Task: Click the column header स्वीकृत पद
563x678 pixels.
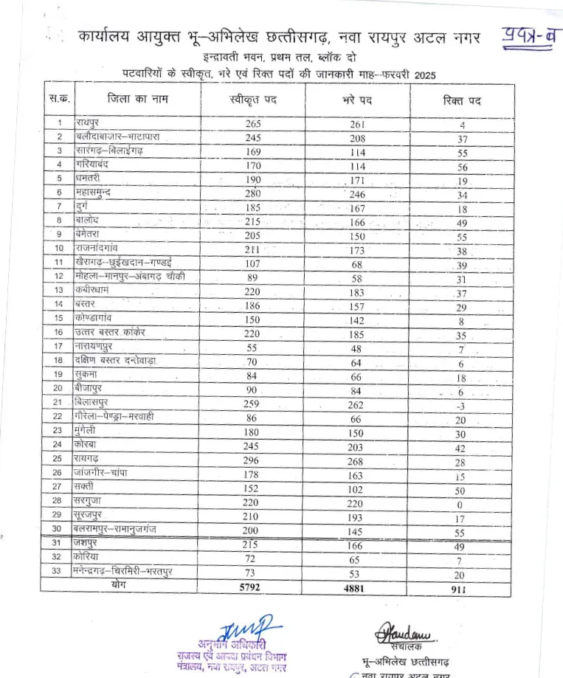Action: click(x=253, y=100)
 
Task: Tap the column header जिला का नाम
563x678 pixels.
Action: click(x=137, y=99)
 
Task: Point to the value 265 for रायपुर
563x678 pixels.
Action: click(x=253, y=124)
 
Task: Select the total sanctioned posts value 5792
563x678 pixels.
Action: click(x=253, y=588)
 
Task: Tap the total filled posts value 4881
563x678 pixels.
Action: click(x=357, y=588)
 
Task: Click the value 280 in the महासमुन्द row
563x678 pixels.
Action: click(x=253, y=193)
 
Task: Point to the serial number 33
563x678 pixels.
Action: click(x=56, y=573)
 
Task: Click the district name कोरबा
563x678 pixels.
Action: click(x=86, y=448)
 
